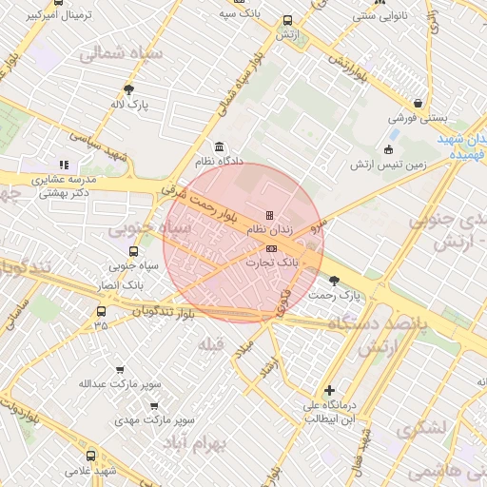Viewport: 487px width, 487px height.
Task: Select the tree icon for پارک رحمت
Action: pos(333,280)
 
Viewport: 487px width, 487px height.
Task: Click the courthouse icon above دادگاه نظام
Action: pos(221,147)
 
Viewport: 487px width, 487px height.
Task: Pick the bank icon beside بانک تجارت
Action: pos(272,248)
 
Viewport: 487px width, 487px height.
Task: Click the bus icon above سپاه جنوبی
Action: pos(132,252)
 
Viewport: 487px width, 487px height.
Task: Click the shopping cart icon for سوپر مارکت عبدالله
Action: pos(120,370)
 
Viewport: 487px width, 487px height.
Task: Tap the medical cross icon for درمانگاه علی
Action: pos(329,390)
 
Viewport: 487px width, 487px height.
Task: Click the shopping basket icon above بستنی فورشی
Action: pos(418,105)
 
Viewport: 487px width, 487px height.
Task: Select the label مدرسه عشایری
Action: pos(67,179)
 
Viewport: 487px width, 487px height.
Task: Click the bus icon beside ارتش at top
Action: pos(287,20)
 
